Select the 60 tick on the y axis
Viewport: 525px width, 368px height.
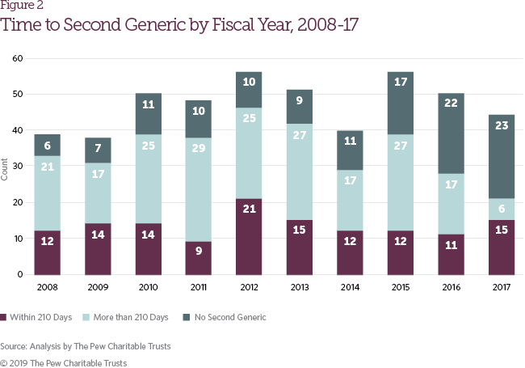(x=18, y=59)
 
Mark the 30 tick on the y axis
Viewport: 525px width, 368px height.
(x=18, y=167)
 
